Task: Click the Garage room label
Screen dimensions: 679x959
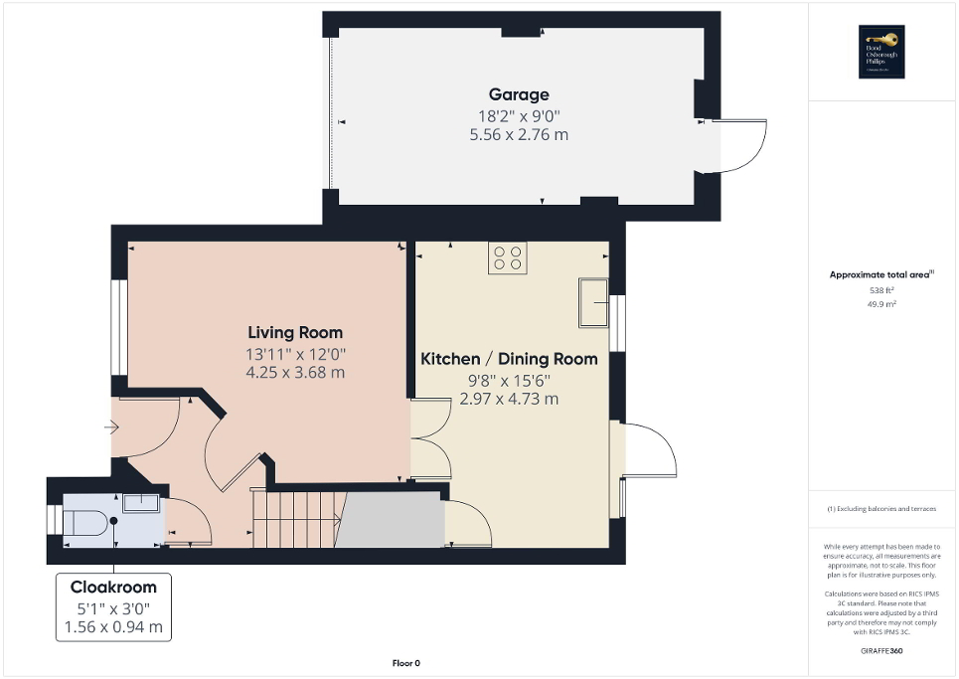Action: coord(518,95)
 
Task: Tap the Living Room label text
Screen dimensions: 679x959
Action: coord(295,333)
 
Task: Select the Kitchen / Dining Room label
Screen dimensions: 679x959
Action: coord(509,359)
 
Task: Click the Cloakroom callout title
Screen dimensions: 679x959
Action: coord(112,587)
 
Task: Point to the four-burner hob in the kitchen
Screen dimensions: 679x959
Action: coord(507,258)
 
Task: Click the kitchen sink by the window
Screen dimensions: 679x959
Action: coord(593,302)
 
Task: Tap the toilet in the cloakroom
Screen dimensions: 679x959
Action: coord(86,521)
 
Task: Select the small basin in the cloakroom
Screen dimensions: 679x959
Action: coord(141,503)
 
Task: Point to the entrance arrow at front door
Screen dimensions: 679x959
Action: coord(109,427)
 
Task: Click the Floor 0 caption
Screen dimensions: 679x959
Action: coord(406,663)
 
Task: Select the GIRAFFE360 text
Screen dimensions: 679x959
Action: coord(882,650)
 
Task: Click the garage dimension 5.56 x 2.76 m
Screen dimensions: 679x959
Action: coord(518,134)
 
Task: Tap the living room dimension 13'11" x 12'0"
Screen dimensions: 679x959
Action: coord(295,354)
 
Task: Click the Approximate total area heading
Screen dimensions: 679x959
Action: coord(881,274)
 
